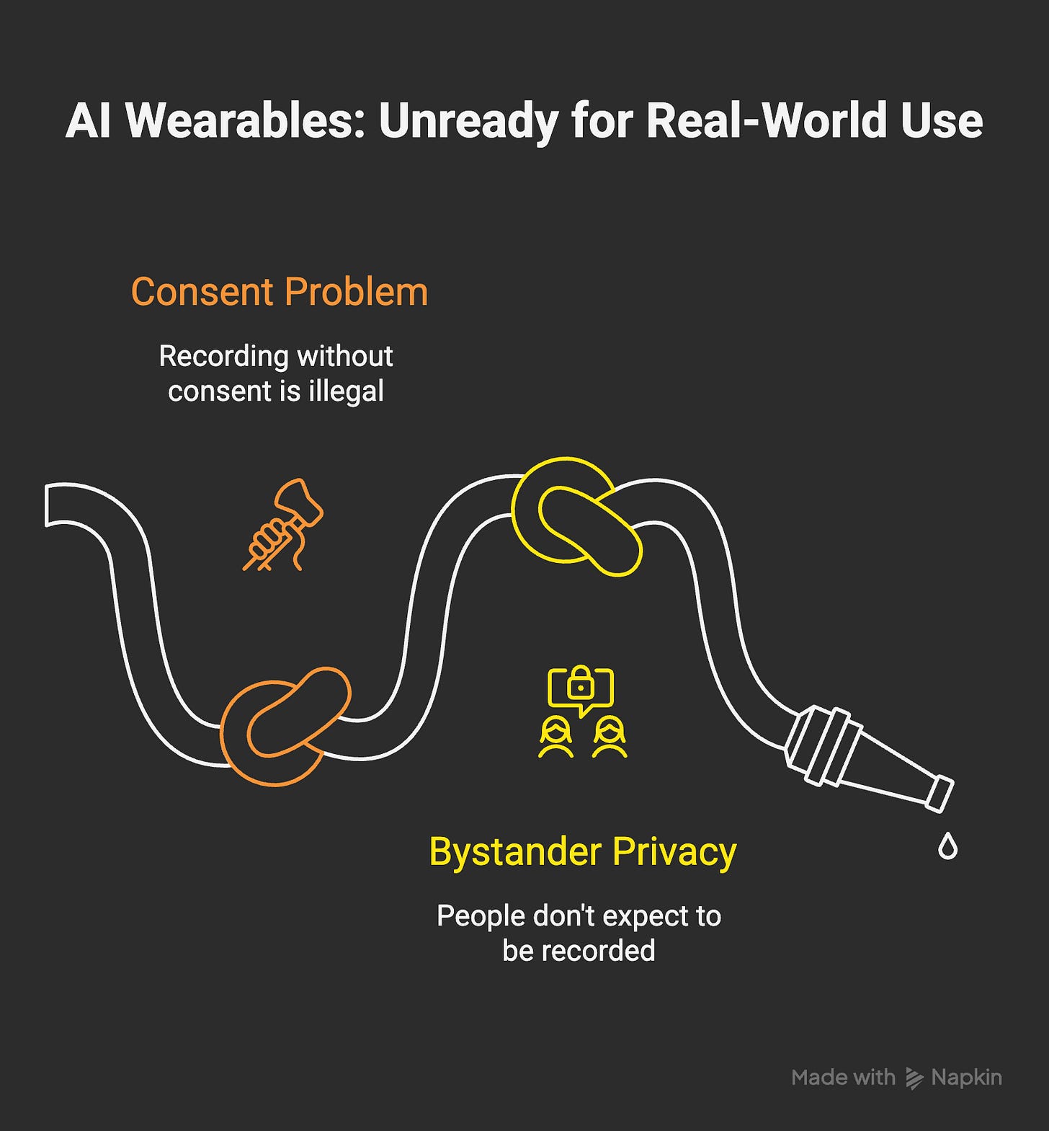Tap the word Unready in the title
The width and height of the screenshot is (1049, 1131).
coord(469,120)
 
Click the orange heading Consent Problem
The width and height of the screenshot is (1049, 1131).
coord(280,292)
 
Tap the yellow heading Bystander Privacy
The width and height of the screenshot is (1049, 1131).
coord(582,851)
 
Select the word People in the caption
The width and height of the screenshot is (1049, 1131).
coord(481,916)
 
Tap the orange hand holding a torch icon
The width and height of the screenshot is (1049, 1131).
coord(282,525)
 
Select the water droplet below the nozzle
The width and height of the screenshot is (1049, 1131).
coord(947,846)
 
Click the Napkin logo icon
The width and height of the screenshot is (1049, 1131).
coord(914,1078)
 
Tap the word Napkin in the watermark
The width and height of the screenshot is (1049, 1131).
coord(966,1078)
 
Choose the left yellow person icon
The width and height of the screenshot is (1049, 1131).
coord(555,737)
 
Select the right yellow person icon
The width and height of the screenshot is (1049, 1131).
coord(610,737)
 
